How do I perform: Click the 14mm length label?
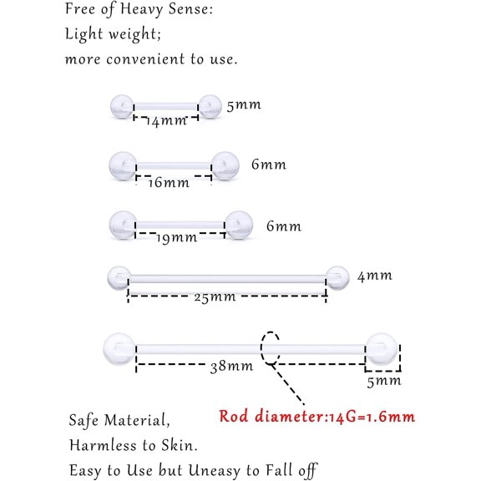[x=166, y=121]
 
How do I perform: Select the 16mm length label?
[x=169, y=183]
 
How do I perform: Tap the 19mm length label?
[x=177, y=238]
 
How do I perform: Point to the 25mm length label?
[x=215, y=297]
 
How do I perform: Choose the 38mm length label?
[x=231, y=367]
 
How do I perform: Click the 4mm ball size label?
[x=375, y=276]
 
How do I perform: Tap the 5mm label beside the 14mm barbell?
[x=244, y=105]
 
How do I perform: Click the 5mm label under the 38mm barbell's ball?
[x=384, y=382]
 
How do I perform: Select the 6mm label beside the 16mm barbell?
[x=269, y=165]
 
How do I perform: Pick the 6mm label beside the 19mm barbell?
[x=284, y=226]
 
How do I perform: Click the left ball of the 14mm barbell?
[x=122, y=106]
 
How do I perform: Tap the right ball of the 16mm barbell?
[x=225, y=165]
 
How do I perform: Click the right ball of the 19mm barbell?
[x=239, y=225]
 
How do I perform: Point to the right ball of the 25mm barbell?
[x=337, y=277]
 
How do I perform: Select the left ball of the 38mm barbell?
[x=119, y=349]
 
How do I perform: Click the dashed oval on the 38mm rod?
[x=261, y=348]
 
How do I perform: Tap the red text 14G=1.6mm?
[x=372, y=417]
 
